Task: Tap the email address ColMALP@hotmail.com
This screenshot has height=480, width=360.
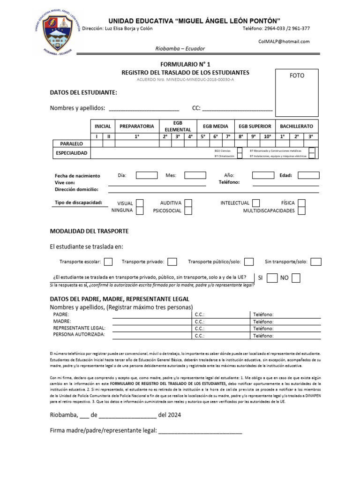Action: point(284,41)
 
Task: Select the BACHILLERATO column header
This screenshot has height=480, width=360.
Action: point(296,126)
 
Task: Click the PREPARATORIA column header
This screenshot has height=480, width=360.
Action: point(136,126)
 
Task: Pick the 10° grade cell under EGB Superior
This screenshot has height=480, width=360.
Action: point(267,136)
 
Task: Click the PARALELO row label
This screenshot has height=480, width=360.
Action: point(71,143)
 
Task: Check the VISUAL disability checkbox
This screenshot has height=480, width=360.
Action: point(140,203)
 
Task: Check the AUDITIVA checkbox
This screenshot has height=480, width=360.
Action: point(188,203)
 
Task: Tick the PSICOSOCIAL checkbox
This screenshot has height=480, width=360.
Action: point(188,211)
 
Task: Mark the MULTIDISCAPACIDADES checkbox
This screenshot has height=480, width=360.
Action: point(302,211)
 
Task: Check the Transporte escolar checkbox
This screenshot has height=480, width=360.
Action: point(108,262)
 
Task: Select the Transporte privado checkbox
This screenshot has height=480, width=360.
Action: point(172,262)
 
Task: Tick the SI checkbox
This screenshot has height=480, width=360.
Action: point(272,278)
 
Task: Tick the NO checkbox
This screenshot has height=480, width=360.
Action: point(296,278)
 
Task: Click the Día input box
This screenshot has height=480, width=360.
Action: point(147,175)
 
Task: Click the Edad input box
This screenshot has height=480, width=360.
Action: point(308,175)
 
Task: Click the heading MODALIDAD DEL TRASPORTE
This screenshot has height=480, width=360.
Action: point(89,231)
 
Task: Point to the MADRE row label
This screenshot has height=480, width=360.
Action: point(62,322)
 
